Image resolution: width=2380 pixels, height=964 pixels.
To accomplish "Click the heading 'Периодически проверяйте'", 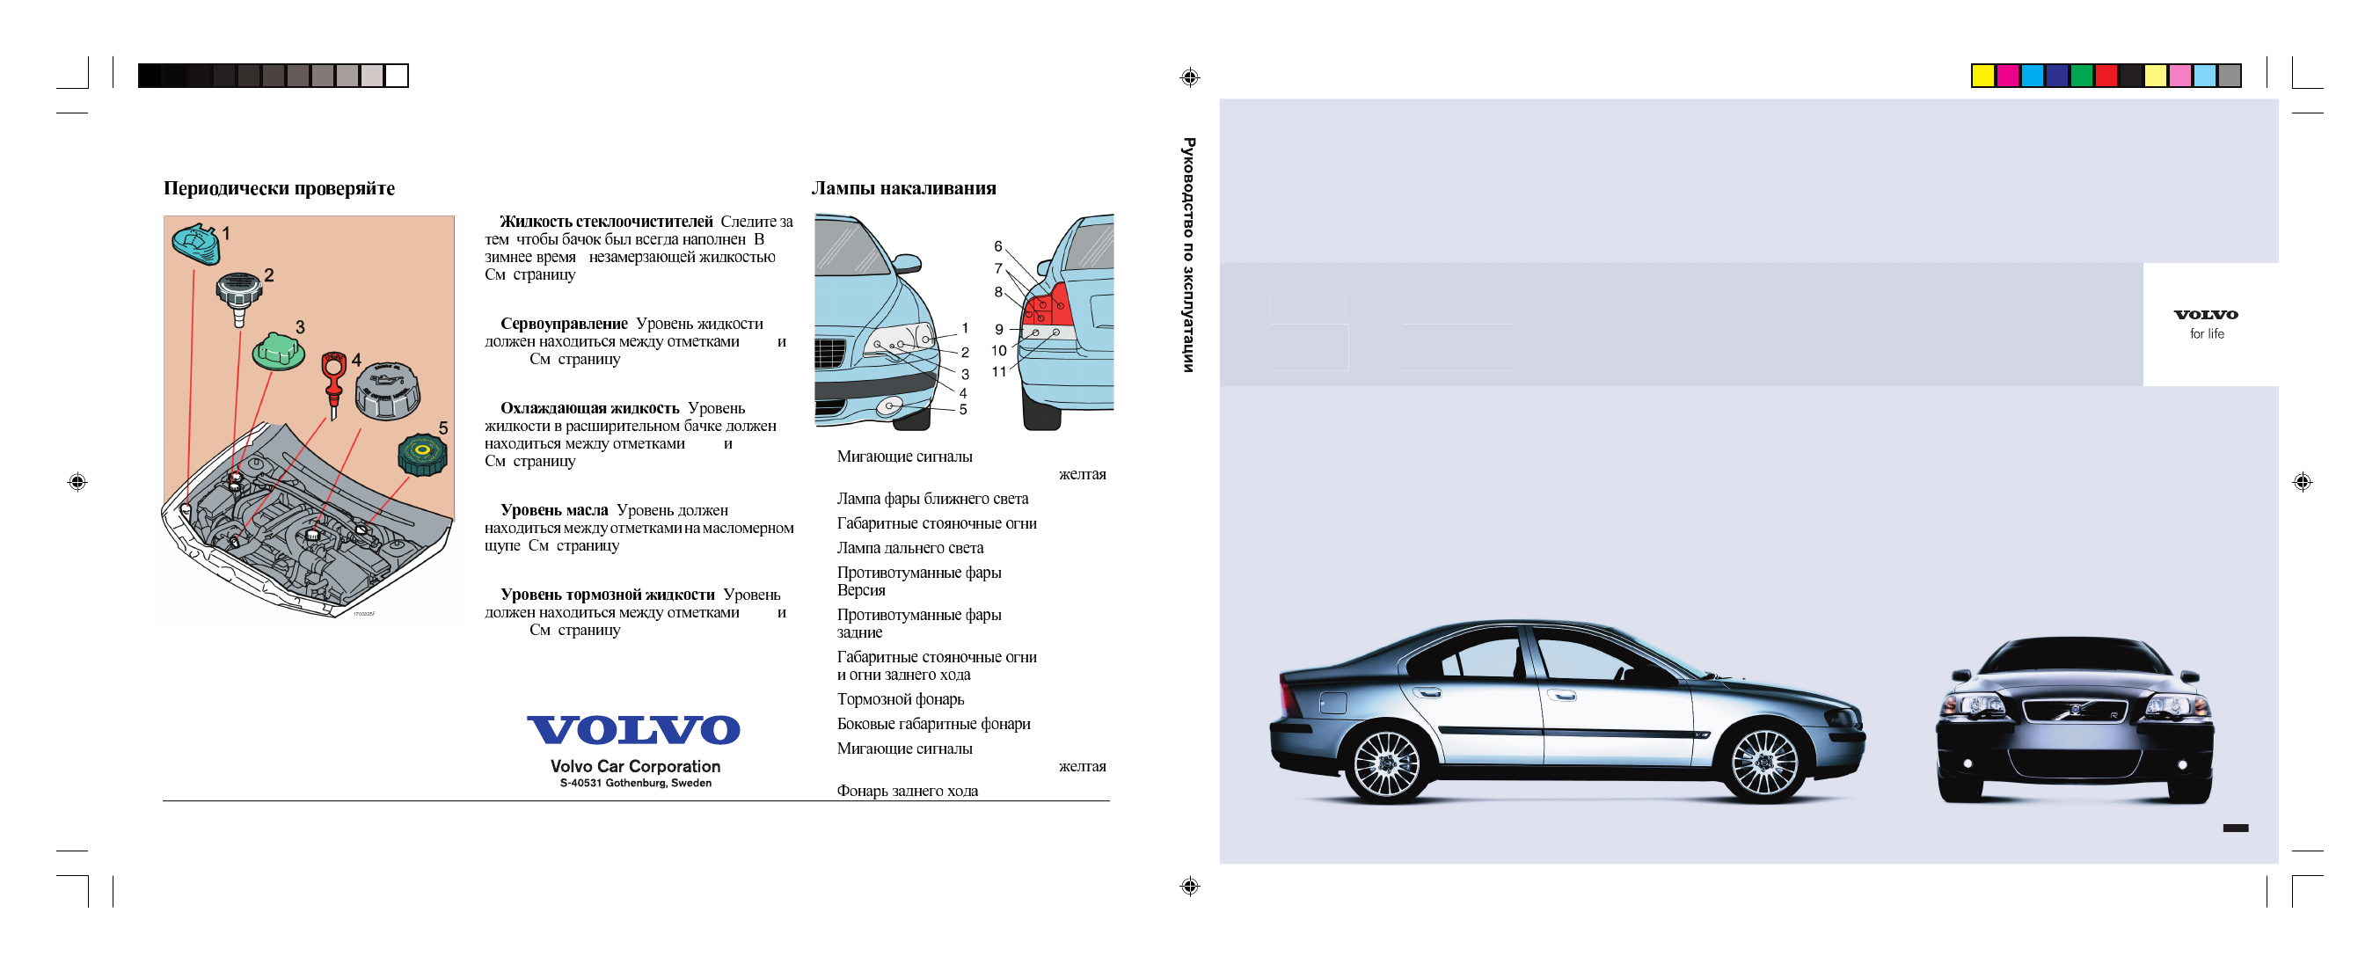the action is (279, 188).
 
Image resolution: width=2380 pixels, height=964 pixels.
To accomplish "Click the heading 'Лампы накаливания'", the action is (902, 188).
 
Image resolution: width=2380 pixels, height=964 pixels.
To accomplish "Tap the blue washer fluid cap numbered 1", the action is (195, 243).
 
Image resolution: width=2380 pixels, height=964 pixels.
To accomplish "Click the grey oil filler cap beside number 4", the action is (388, 389).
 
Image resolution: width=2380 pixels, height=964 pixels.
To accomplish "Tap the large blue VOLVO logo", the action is (634, 730).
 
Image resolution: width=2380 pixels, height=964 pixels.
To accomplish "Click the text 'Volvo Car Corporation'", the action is (635, 766).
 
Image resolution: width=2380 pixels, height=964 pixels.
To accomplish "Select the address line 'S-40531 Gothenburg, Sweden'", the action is (635, 783).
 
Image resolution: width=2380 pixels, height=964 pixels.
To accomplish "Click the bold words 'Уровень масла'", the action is (553, 510).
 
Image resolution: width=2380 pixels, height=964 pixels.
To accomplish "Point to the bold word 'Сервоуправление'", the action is (564, 324).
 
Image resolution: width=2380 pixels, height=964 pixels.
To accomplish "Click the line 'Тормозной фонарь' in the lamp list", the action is (900, 699).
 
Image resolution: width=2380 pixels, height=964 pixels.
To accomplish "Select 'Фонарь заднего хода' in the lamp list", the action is (907, 791).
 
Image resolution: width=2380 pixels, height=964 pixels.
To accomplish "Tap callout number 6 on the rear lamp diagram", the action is (998, 247).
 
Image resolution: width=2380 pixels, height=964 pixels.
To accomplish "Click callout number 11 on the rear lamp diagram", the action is (999, 372).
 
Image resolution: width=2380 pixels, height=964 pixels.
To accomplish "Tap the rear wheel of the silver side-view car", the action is (1386, 763).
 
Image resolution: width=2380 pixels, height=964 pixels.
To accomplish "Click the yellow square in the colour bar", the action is (1982, 76).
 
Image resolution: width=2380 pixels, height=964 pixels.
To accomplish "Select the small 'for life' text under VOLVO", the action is (2207, 334).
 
